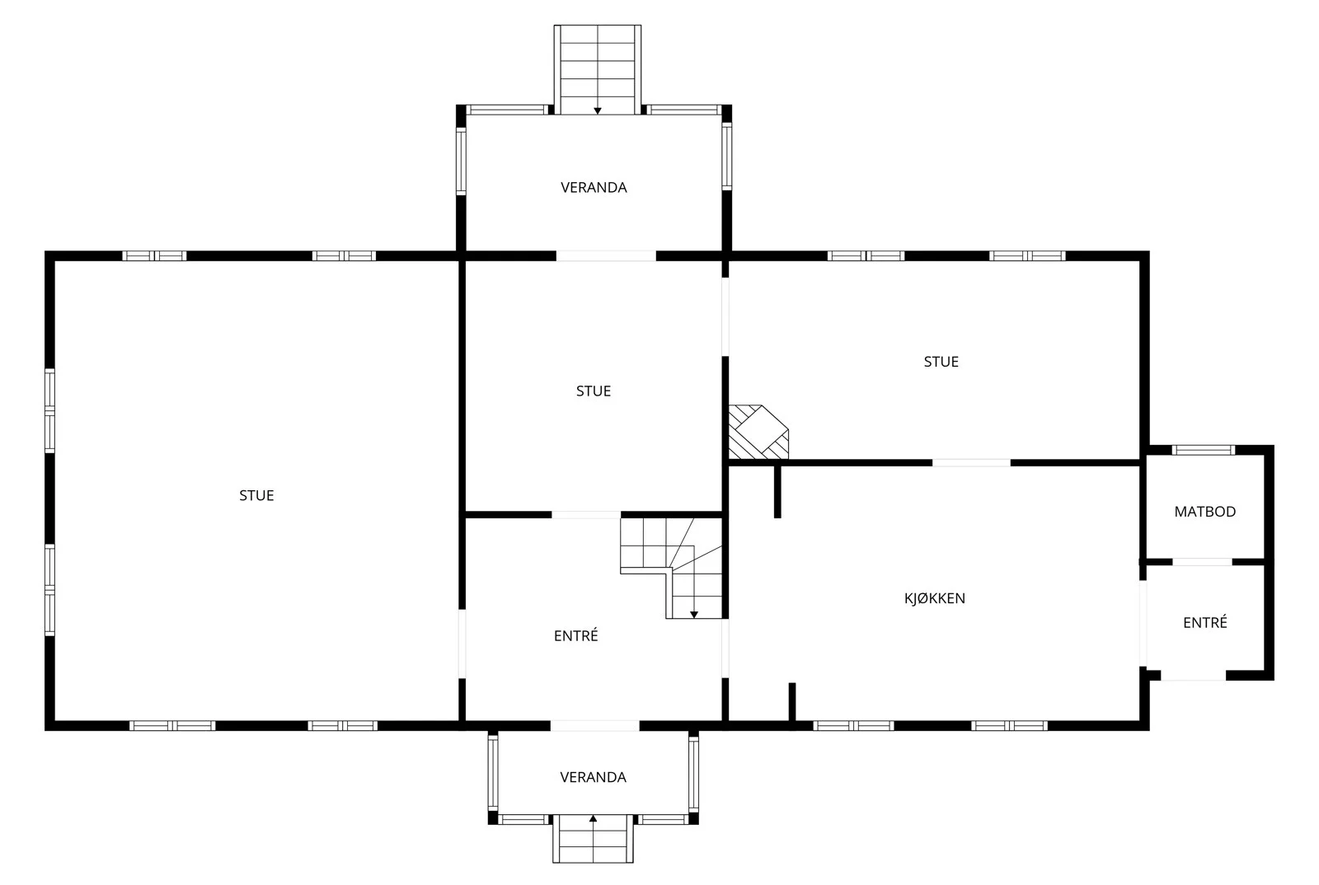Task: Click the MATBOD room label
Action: [1204, 512]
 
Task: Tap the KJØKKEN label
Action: [935, 598]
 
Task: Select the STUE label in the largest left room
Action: [256, 495]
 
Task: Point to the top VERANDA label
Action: [594, 187]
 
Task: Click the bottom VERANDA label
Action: [593, 777]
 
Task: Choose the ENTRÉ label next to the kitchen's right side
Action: [1204, 622]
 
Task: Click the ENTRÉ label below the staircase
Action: [576, 635]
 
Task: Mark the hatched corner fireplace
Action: [758, 432]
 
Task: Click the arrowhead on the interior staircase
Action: [694, 615]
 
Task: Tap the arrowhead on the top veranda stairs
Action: [598, 110]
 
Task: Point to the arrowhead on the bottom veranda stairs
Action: [593, 818]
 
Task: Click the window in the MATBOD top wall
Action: [1203, 450]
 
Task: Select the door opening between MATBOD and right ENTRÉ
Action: [1202, 562]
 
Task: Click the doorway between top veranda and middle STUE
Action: [606, 256]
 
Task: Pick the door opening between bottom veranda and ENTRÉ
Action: [594, 725]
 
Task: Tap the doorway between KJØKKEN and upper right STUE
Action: [972, 463]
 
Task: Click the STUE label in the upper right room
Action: [941, 361]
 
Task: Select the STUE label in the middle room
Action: [594, 391]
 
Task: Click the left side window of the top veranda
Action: [461, 162]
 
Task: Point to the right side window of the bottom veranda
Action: [693, 774]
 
